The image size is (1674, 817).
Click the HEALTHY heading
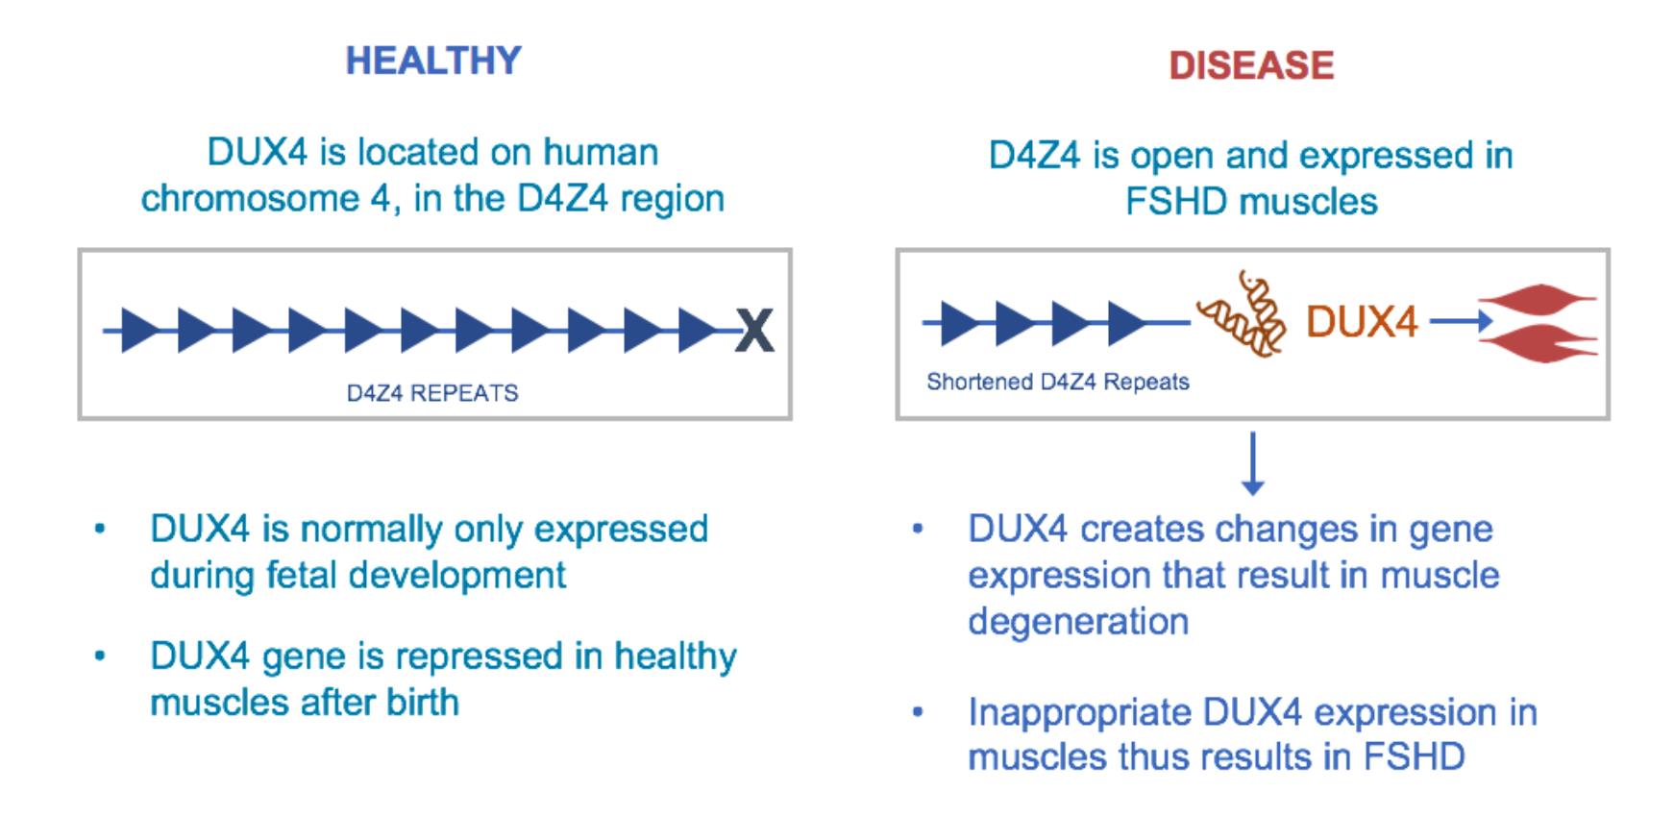point(433,61)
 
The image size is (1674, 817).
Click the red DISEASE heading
point(1251,65)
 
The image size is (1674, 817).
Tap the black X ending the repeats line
point(755,332)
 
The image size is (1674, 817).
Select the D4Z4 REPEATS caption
point(432,393)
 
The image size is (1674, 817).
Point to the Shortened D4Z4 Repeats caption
point(1058,382)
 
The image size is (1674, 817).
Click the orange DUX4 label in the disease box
point(1362,321)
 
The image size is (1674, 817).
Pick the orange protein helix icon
point(1241,312)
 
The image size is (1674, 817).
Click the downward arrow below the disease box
point(1252,464)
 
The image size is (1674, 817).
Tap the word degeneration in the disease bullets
point(1078,622)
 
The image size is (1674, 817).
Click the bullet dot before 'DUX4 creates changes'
point(918,529)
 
